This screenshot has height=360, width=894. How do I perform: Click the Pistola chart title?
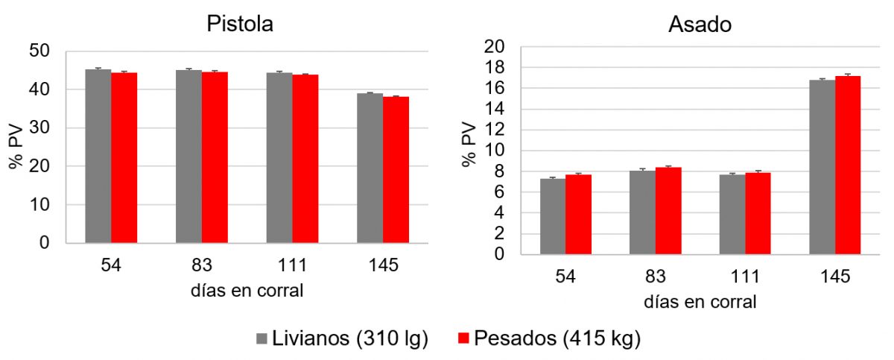(x=240, y=24)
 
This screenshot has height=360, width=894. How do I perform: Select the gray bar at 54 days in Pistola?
(x=98, y=157)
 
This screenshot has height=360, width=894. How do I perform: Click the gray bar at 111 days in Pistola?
(x=279, y=157)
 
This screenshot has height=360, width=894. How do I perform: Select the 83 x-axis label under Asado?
(x=656, y=277)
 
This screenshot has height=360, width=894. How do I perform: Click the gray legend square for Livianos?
(x=262, y=339)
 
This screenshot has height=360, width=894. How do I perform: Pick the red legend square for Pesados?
(x=462, y=339)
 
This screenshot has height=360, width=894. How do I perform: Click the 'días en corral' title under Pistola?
(x=247, y=291)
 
